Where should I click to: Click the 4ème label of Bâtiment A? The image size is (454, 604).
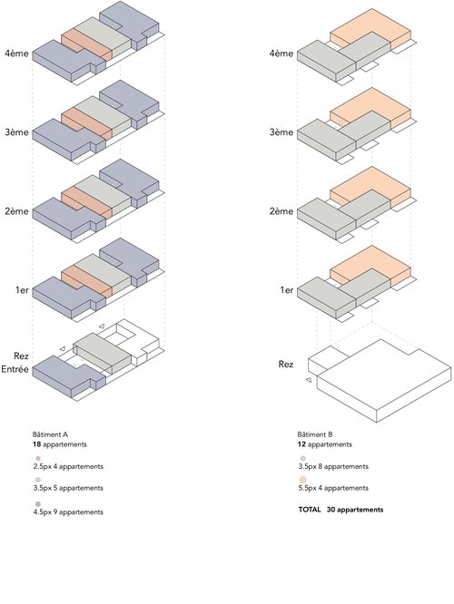click(16, 54)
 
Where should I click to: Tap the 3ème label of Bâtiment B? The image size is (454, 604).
click(281, 132)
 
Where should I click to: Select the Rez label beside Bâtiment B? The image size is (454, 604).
click(286, 364)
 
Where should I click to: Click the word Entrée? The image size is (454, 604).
click(15, 369)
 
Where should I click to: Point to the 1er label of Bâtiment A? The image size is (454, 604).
click(22, 290)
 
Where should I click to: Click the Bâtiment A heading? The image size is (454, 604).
click(50, 434)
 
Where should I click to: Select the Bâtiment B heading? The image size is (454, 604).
click(315, 434)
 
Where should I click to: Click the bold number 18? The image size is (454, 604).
click(36, 444)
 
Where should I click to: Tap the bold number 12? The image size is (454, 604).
click(301, 444)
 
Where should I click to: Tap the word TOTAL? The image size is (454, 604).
click(310, 510)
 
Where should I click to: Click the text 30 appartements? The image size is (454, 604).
click(355, 510)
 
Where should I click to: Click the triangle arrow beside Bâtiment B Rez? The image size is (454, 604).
click(309, 380)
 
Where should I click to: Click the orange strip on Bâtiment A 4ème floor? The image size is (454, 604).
click(87, 44)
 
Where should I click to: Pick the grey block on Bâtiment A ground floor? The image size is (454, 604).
click(103, 353)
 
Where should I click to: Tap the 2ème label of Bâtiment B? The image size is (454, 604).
click(281, 211)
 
